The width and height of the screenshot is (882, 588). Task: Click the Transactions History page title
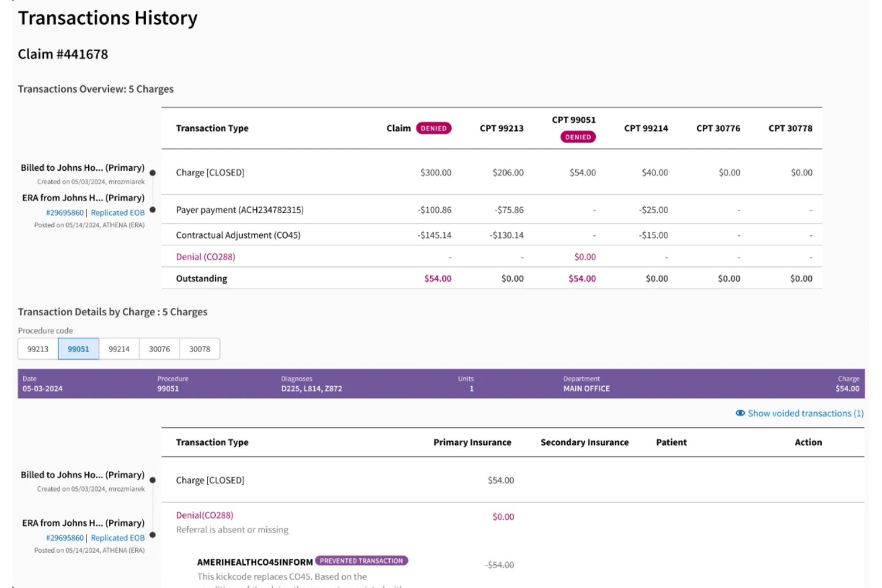[x=107, y=18]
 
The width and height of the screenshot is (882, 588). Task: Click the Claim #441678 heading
[x=63, y=54]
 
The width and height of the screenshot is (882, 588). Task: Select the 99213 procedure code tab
[x=38, y=349]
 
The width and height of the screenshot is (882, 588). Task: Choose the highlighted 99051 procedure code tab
[x=78, y=349]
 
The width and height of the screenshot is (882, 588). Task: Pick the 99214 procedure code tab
[x=119, y=349]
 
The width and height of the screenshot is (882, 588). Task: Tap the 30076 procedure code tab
[x=159, y=349]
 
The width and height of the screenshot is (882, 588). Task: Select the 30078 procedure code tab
[x=200, y=349]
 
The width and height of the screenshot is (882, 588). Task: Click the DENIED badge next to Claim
[x=433, y=128]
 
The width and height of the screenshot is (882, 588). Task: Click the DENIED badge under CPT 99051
[x=577, y=137]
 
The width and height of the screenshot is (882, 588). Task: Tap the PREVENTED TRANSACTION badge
[x=361, y=561]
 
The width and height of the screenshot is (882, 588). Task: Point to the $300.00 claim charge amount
[x=436, y=173]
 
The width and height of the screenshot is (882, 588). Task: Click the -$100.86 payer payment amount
[x=434, y=210]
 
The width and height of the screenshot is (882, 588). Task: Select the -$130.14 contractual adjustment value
[x=507, y=235]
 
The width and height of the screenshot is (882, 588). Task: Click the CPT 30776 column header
[x=718, y=128]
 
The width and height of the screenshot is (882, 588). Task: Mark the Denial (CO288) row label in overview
[x=205, y=257]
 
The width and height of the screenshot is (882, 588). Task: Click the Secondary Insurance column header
[x=584, y=442]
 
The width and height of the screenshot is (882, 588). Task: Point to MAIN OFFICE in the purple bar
[x=586, y=388]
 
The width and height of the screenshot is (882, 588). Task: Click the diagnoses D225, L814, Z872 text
[x=311, y=388]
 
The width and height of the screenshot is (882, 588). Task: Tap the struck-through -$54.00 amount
[x=499, y=565]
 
